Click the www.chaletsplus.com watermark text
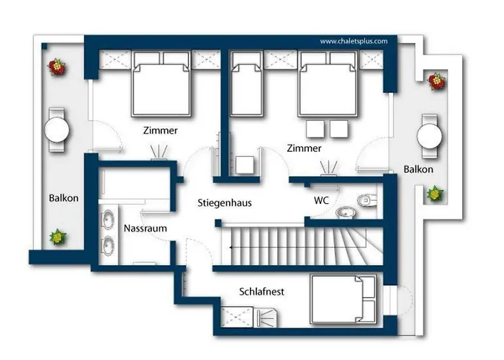pyautogui.click(x=354, y=41)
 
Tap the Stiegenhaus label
pyautogui.click(x=225, y=203)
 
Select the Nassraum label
pyautogui.click(x=145, y=228)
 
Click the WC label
pyautogui.click(x=321, y=200)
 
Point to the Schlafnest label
pyautogui.click(x=261, y=292)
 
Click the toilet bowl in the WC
pyautogui.click(x=366, y=201)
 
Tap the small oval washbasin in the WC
pyautogui.click(x=346, y=212)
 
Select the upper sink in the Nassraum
pyautogui.click(x=108, y=220)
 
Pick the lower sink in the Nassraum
pyautogui.click(x=108, y=246)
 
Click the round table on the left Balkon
pyautogui.click(x=57, y=130)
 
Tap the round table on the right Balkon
pyautogui.click(x=429, y=136)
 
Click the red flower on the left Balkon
pyautogui.click(x=57, y=67)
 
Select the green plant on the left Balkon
pyautogui.click(x=58, y=237)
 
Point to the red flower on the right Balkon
pyautogui.click(x=436, y=81)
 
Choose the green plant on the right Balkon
pyautogui.click(x=435, y=194)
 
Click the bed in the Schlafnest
pyautogui.click(x=343, y=299)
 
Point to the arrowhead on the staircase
pyautogui.click(x=231, y=248)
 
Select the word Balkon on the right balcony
pyautogui.click(x=418, y=169)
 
